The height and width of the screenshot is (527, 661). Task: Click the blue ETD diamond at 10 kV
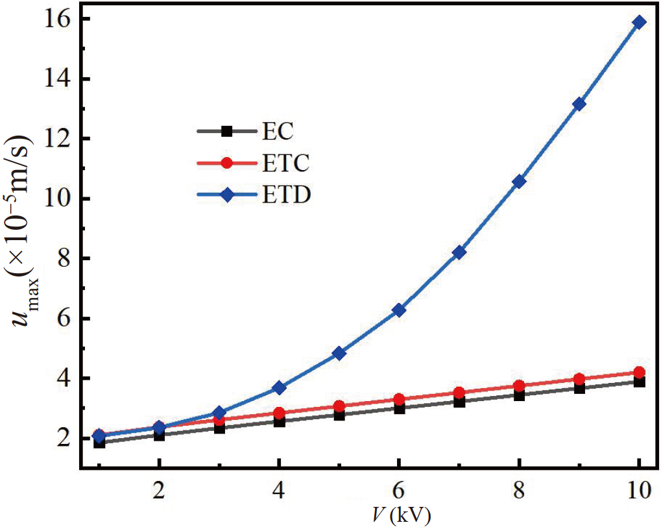point(639,22)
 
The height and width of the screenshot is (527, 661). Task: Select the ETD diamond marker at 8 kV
point(519,182)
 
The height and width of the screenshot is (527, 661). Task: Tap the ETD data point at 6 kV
point(399,310)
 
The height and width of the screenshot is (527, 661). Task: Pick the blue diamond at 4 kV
point(279,387)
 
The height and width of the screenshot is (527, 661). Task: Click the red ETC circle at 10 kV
point(639,373)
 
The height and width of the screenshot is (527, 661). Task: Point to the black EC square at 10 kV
point(639,382)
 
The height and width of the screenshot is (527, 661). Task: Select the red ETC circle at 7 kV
point(459,393)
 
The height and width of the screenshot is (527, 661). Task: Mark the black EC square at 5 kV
point(339,415)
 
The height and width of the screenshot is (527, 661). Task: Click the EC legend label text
point(279,132)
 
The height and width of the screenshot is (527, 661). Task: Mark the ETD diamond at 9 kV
point(579,104)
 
